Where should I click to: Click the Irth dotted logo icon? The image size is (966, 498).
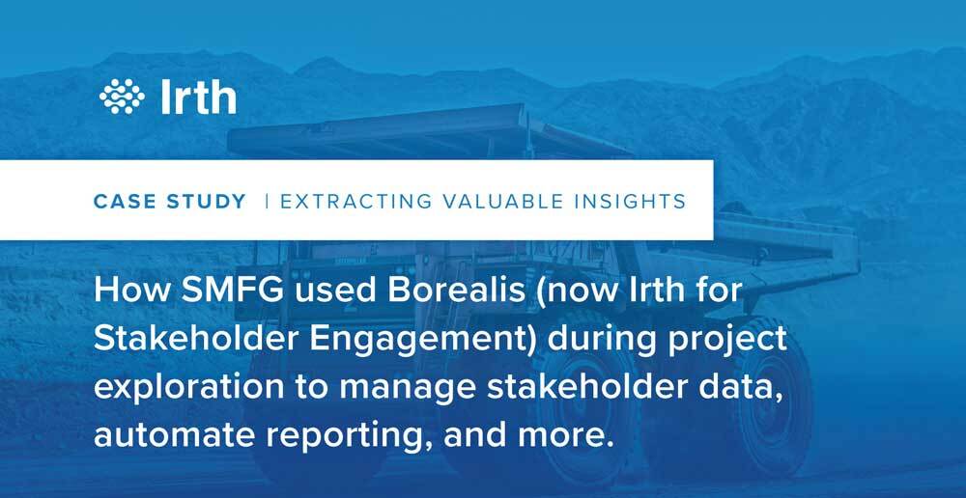[122, 97]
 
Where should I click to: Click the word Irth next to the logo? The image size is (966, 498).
[198, 97]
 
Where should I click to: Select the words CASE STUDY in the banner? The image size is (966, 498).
[170, 202]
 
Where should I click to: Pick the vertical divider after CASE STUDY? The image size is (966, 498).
[267, 202]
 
